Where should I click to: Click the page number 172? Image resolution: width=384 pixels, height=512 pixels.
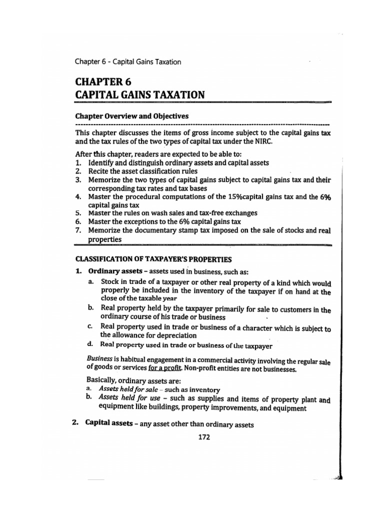(203, 437)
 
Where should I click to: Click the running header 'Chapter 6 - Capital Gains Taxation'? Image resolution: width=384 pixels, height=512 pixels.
(127, 62)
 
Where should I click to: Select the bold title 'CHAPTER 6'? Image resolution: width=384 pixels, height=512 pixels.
(104, 81)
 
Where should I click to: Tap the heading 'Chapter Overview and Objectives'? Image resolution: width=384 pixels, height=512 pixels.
(131, 116)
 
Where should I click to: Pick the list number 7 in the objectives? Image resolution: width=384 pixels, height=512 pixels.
(78, 230)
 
